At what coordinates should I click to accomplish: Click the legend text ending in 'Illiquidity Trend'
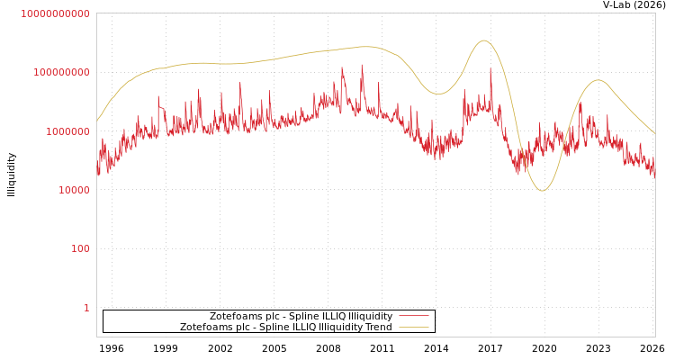[285, 327]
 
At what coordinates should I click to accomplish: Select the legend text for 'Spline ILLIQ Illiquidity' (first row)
[301, 316]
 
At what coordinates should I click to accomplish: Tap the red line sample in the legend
[413, 316]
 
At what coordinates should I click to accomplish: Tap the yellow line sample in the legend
[413, 327]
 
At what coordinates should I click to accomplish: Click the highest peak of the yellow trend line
[483, 40]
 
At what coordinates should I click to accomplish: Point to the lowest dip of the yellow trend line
[541, 190]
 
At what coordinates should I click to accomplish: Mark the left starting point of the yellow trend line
[97, 121]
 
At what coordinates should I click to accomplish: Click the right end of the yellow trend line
[654, 133]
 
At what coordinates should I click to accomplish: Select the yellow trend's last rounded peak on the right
[598, 80]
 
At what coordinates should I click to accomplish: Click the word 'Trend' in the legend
[377, 327]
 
